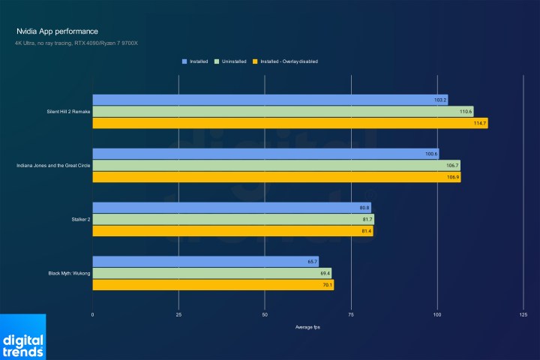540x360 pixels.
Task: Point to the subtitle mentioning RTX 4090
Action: pos(76,43)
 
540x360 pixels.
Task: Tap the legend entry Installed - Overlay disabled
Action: pos(287,61)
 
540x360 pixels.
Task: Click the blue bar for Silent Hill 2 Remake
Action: pos(270,100)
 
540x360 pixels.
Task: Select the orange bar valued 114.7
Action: pos(289,123)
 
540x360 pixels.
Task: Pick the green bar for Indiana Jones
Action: pos(276,166)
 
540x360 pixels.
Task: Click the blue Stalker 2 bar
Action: pos(232,208)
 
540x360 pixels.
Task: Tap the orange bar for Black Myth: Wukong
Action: pos(213,285)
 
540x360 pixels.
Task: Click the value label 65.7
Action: pos(312,262)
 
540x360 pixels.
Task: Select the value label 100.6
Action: pos(431,154)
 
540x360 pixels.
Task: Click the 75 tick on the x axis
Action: pos(351,315)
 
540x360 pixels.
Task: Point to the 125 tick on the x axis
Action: pos(523,315)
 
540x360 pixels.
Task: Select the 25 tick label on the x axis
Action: pos(178,315)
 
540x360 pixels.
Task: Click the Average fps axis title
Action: pos(307,327)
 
